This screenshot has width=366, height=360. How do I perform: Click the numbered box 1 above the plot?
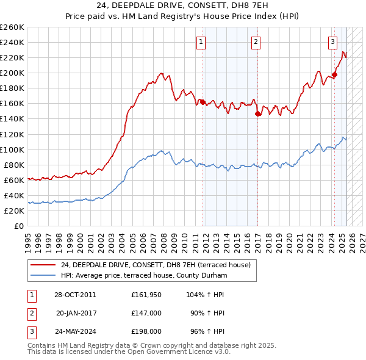click(x=201, y=42)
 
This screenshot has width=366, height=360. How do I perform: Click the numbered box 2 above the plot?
click(x=256, y=42)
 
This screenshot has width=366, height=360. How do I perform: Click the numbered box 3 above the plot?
click(x=332, y=42)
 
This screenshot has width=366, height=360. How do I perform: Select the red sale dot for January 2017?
click(x=258, y=113)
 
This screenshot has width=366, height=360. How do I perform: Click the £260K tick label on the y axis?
click(x=12, y=27)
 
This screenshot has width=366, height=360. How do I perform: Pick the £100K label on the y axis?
click(x=12, y=149)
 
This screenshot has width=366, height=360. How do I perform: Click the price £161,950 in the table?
click(x=146, y=295)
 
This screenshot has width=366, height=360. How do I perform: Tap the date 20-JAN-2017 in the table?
click(x=76, y=313)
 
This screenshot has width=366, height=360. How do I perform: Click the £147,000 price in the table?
click(x=146, y=313)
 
